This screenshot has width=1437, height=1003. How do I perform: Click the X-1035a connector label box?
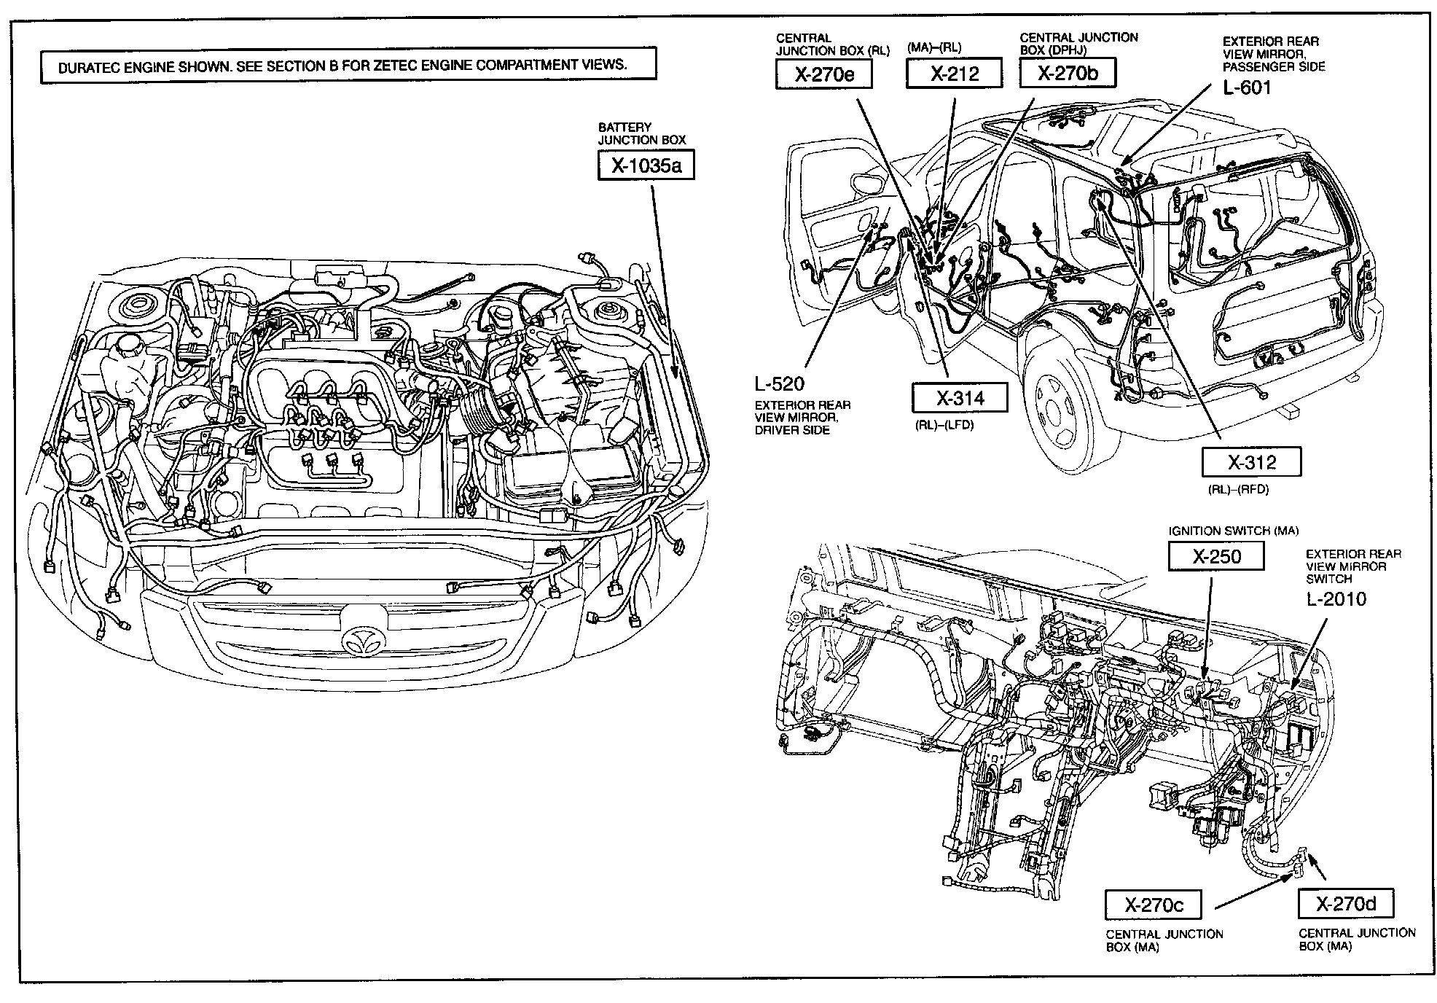[x=645, y=165]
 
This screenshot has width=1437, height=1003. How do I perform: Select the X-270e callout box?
[x=823, y=74]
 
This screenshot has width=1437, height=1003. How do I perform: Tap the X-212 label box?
[x=954, y=74]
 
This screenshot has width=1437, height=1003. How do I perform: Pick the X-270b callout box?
[x=1067, y=73]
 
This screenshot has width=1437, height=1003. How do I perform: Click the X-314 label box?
[x=960, y=398]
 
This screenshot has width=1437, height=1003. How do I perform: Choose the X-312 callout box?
[x=1251, y=462]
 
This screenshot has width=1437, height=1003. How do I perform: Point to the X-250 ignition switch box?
[x=1215, y=557]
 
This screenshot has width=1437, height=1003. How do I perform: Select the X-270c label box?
[x=1153, y=905]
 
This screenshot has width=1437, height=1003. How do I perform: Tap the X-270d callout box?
[x=1345, y=904]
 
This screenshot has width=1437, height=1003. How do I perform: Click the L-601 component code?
[x=1246, y=88]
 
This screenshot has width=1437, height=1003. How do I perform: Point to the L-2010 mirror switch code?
[x=1335, y=599]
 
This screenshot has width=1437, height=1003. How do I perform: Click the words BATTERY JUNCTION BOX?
[x=642, y=133]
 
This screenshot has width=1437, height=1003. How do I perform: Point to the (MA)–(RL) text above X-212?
[x=934, y=48]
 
